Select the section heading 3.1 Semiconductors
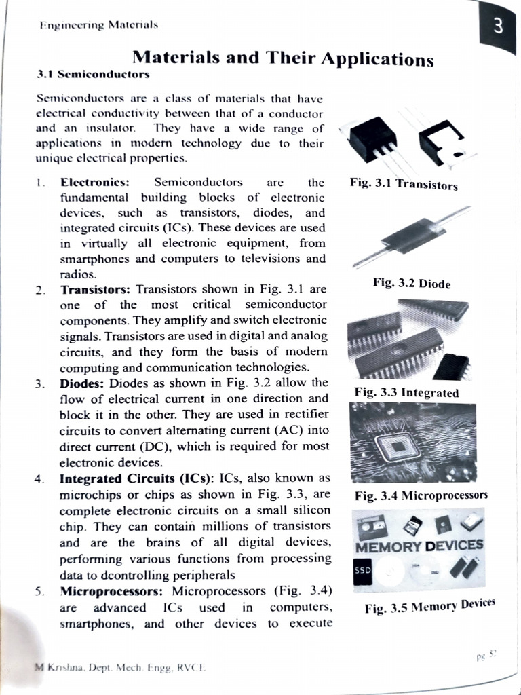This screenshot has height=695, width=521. pos(93,73)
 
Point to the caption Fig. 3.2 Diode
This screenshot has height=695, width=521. pos(411,283)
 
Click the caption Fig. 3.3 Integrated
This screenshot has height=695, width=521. pos(406,392)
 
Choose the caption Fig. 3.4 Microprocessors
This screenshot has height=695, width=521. pos(421,495)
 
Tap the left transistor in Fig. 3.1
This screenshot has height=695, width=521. pos(372,139)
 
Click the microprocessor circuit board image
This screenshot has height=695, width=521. pos(412,442)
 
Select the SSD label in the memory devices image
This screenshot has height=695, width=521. pos(362,570)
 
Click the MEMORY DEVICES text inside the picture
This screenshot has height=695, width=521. pos(419,546)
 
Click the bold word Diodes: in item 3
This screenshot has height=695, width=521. pos(82,383)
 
